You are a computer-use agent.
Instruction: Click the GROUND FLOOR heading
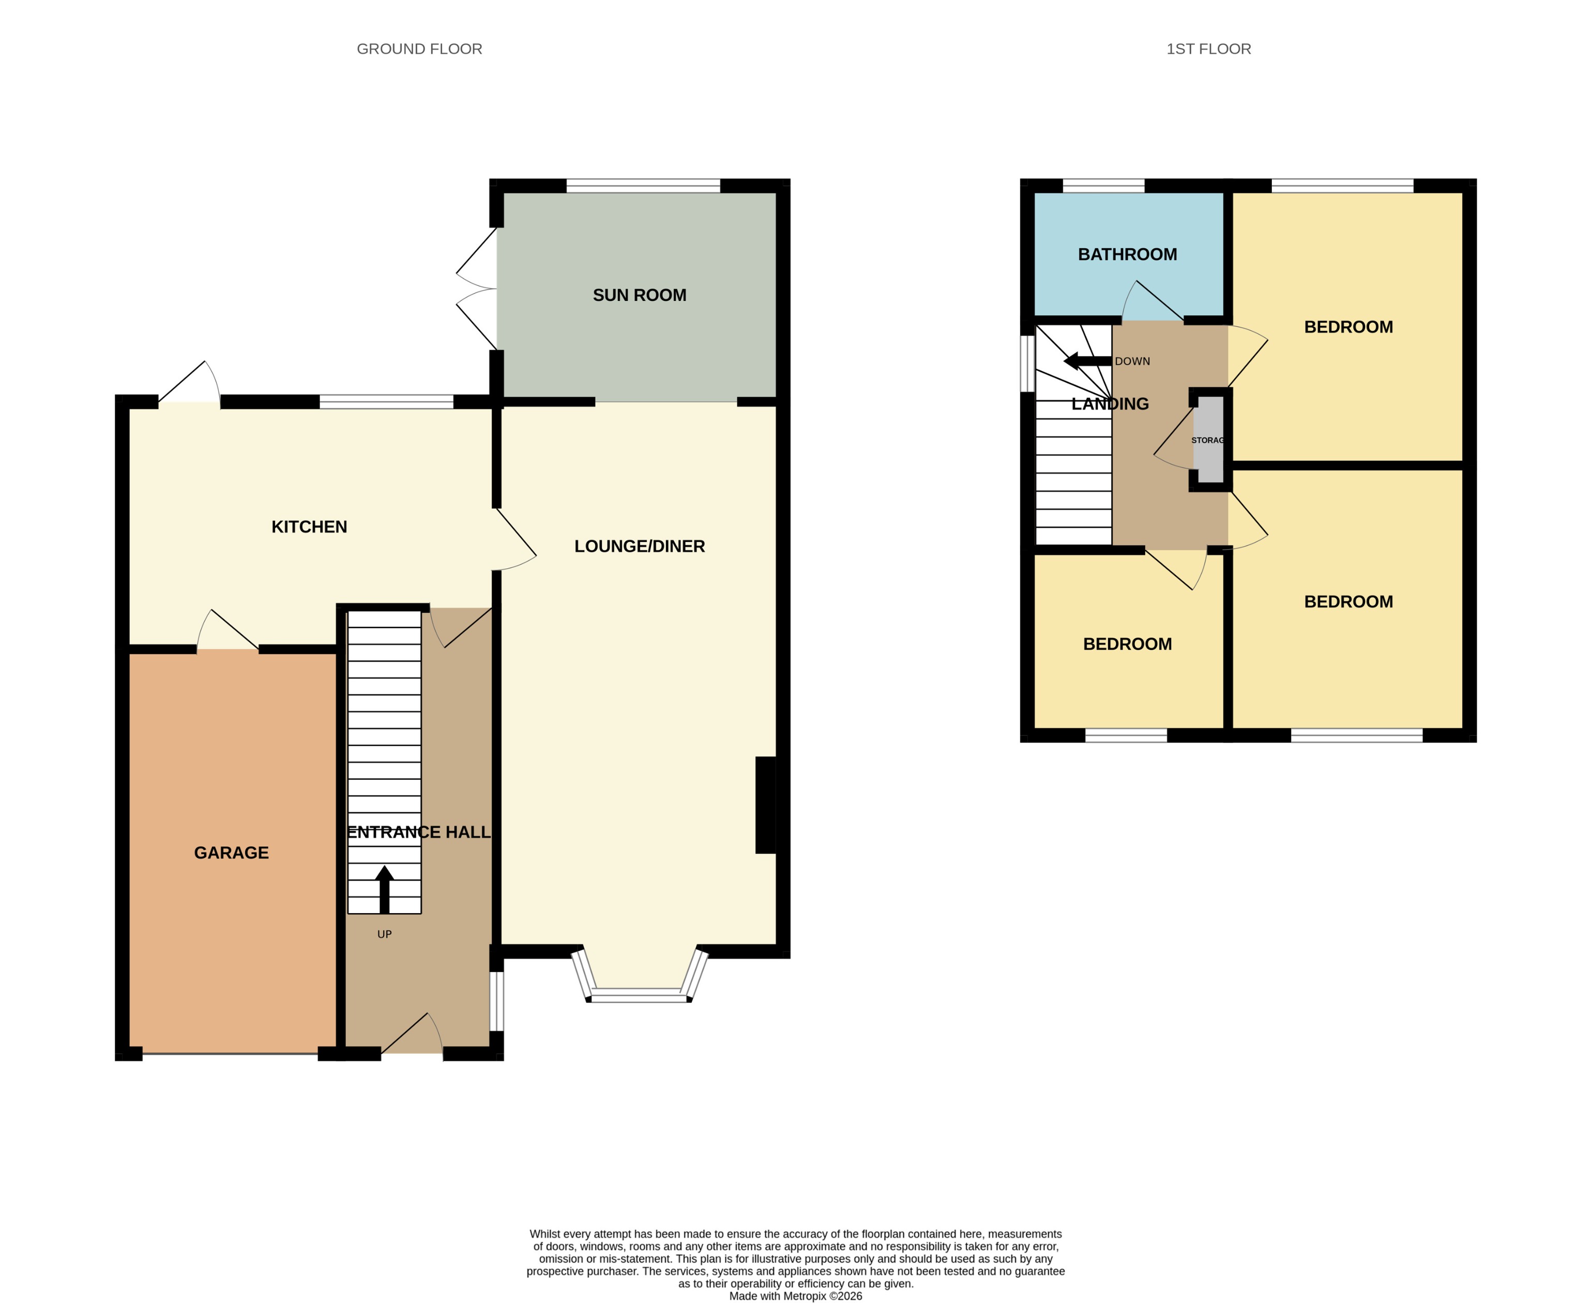tap(419, 49)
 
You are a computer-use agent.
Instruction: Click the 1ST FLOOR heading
tap(1208, 49)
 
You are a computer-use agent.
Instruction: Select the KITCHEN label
tap(309, 527)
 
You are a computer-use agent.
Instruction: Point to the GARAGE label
tap(231, 853)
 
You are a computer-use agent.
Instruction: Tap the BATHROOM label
tap(1127, 254)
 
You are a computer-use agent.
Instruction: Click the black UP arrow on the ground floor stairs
tap(384, 889)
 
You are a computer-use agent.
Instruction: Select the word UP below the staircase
tap(384, 934)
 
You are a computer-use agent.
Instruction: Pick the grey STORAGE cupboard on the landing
tap(1208, 441)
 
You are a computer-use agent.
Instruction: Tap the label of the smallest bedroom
tap(1127, 644)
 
